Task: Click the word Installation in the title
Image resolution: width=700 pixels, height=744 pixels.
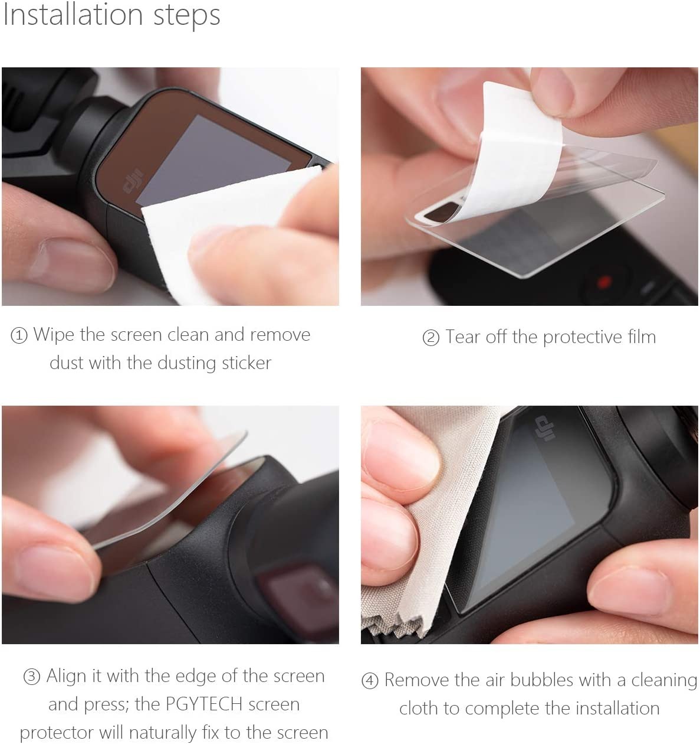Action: [x=73, y=15]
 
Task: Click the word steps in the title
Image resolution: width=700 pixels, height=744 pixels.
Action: [x=187, y=17]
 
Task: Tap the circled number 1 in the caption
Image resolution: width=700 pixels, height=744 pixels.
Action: [x=19, y=335]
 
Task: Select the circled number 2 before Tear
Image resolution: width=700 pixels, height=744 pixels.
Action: [x=431, y=338]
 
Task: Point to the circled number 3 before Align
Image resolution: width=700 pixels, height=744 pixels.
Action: [x=32, y=677]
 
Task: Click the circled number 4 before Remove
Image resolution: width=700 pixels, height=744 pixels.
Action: [x=370, y=681]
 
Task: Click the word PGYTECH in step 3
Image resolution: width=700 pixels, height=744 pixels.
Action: [x=203, y=704]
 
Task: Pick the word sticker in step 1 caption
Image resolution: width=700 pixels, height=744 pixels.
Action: [x=247, y=363]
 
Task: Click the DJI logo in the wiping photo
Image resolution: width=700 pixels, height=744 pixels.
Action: [x=133, y=181]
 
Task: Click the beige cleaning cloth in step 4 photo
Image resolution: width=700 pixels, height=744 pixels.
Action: [x=430, y=524]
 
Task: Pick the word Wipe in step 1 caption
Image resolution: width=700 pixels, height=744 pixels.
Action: [x=54, y=335]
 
